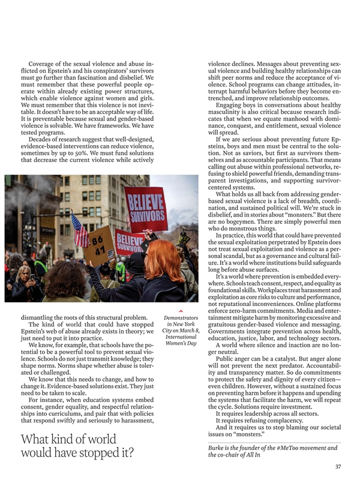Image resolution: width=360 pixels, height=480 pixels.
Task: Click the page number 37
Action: coord(338,466)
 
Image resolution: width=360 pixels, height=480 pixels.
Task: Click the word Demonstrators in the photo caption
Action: coord(181,317)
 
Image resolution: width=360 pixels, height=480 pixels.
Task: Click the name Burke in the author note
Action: coord(218,448)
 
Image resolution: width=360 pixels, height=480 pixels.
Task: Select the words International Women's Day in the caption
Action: coord(181,339)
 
